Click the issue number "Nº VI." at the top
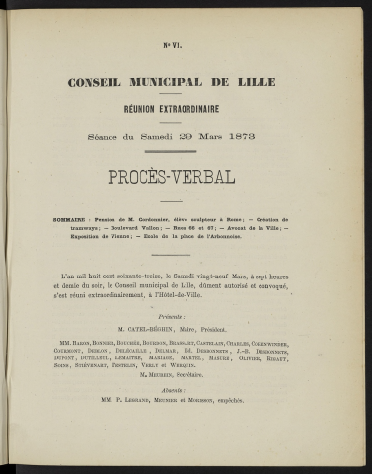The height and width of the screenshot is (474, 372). coord(186,46)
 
